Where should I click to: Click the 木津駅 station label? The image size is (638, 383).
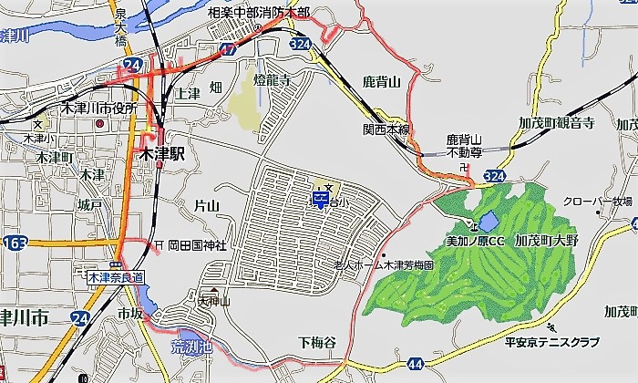[164, 155]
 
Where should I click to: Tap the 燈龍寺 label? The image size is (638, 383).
[272, 80]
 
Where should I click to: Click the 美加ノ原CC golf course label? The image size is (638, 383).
[474, 242]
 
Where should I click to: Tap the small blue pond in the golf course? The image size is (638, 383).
[486, 221]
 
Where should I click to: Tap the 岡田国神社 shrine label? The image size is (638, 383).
[195, 244]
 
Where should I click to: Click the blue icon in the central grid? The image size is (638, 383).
[322, 198]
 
